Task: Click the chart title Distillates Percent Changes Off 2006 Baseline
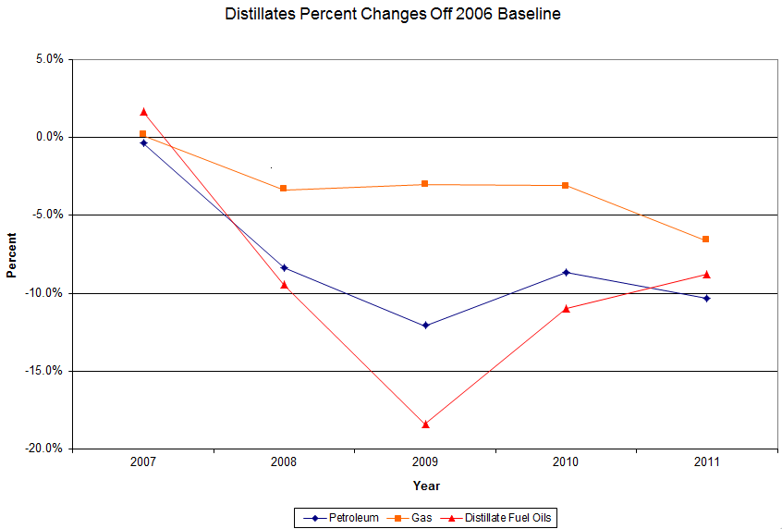[x=392, y=15]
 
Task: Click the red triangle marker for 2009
[x=425, y=424]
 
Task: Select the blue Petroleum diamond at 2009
[x=425, y=326]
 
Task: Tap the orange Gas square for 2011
[x=706, y=240]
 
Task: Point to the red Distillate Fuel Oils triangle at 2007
[x=143, y=112]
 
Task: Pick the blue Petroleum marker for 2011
[x=706, y=298]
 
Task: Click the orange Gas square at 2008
[x=284, y=189]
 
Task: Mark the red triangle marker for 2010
[x=566, y=308]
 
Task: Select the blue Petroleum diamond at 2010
[x=566, y=272]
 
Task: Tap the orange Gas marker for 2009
[x=425, y=184]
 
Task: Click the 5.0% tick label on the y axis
[x=49, y=59]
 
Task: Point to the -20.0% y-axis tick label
[x=44, y=449]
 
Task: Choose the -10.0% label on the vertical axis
[x=44, y=293]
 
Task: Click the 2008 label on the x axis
[x=284, y=461]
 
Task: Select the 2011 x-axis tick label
[x=706, y=461]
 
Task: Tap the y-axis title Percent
[x=12, y=254]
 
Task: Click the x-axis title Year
[x=426, y=486]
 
